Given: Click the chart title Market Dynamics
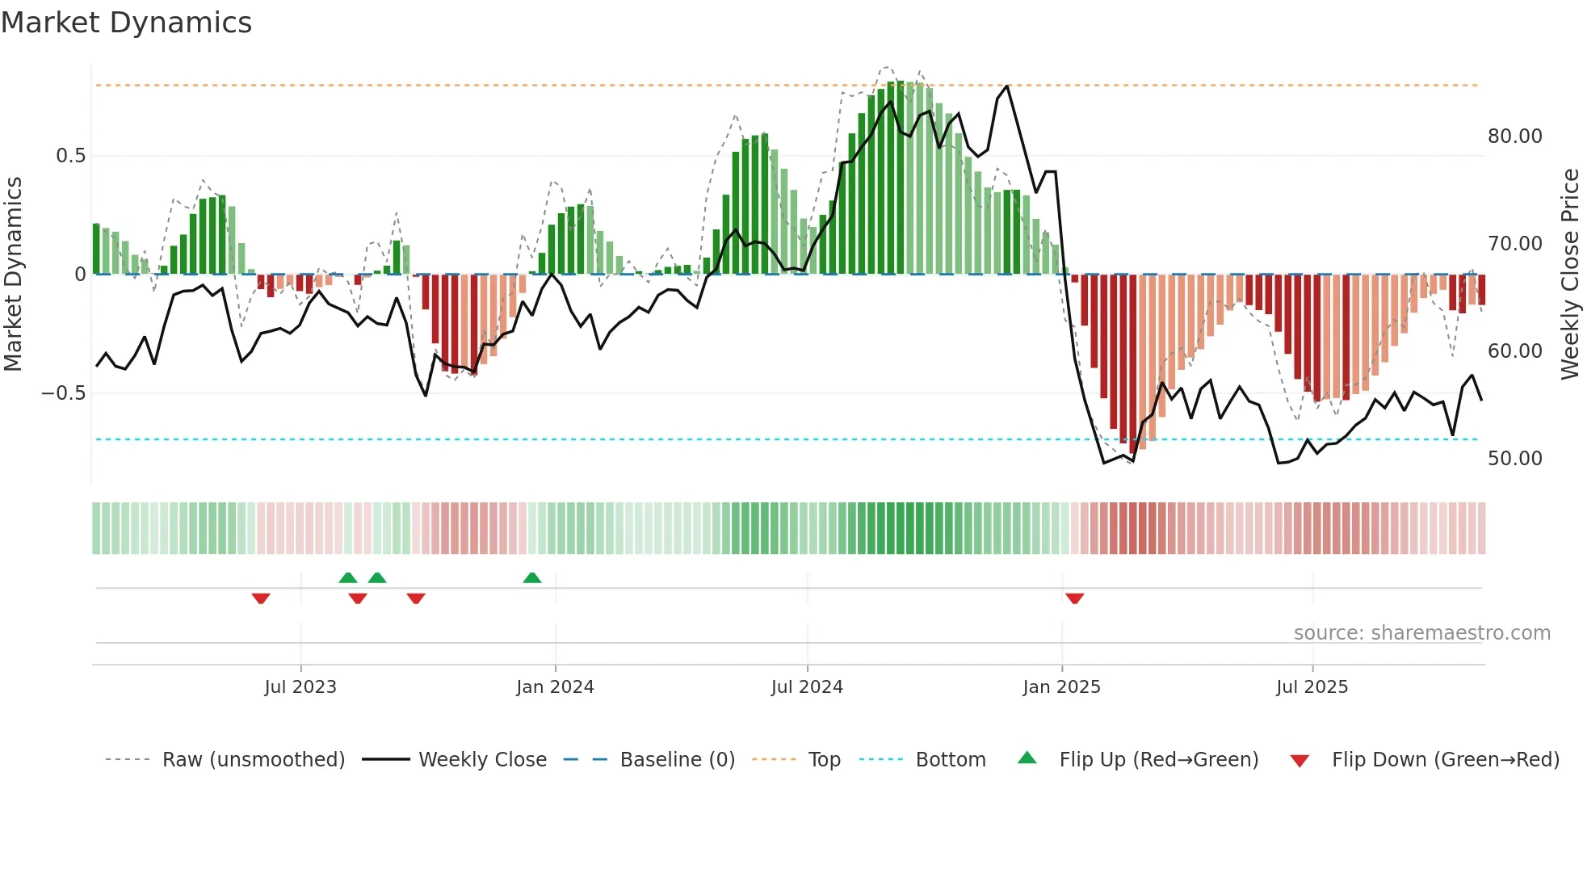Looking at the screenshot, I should [127, 23].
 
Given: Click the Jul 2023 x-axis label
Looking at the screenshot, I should [300, 687].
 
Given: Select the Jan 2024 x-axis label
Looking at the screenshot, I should [555, 687].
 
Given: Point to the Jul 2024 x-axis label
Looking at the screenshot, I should [807, 687].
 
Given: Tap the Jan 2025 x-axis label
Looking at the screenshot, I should [1061, 687].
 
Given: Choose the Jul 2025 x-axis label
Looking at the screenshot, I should [1312, 687].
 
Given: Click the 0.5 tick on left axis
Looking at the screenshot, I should [70, 156].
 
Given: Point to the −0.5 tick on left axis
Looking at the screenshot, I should [64, 393].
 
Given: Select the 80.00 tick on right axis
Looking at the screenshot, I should [1514, 136].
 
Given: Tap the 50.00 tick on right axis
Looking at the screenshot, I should [1514, 459].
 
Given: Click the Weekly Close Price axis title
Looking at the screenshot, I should [1569, 274].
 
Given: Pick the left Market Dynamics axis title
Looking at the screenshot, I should [13, 274].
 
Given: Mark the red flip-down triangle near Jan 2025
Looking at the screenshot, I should [1074, 598].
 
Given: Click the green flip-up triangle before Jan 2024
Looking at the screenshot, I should [531, 578].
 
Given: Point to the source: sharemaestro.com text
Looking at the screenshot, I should [1421, 633].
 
